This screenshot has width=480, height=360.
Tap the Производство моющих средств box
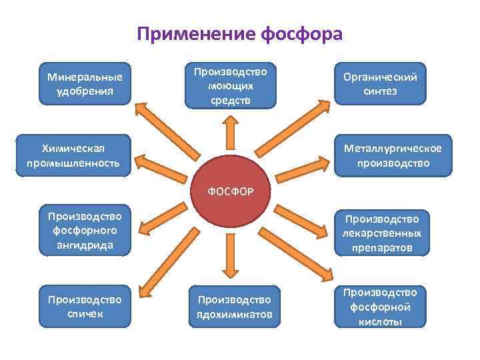tap(230, 85)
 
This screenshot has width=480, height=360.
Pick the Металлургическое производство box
tap(393, 155)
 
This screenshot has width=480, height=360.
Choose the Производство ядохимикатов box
tap(230, 307)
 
